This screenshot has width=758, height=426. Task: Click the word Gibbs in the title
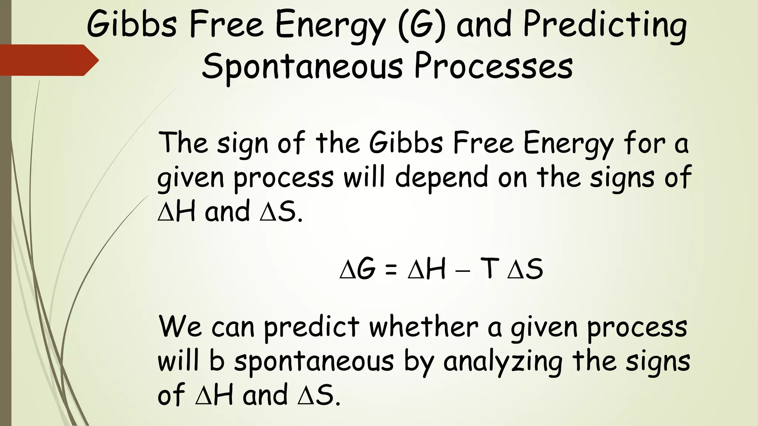(132, 24)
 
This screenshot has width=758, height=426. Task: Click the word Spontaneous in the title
(302, 67)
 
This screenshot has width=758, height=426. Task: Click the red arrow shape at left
(48, 60)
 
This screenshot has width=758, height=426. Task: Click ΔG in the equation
(358, 269)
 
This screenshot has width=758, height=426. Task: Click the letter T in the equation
(489, 269)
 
